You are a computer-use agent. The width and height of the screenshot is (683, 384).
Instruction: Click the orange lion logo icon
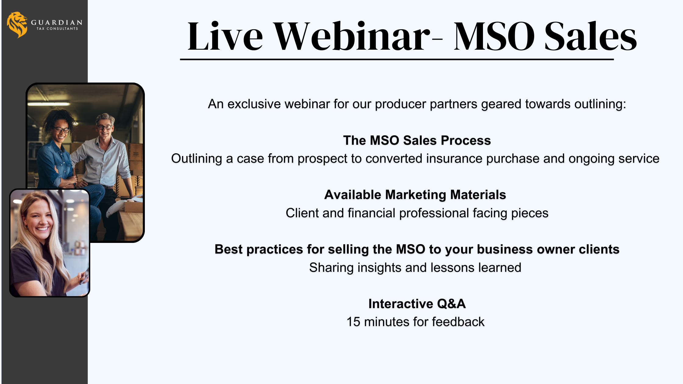[17, 25]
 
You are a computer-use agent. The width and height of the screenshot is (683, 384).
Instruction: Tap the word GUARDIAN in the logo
[57, 23]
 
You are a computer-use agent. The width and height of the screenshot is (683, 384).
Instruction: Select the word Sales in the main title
[591, 36]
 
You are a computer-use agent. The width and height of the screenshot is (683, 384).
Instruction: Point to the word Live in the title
[225, 36]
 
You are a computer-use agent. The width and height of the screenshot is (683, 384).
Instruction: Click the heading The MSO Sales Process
[417, 140]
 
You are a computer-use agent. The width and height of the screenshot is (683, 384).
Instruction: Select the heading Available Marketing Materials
[415, 195]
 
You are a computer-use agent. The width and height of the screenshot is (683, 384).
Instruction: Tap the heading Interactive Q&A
[417, 304]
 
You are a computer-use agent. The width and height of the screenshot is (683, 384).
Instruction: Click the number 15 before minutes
[353, 322]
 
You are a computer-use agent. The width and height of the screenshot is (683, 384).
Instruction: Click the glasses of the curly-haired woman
[62, 130]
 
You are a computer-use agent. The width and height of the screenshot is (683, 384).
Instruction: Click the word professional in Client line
[434, 213]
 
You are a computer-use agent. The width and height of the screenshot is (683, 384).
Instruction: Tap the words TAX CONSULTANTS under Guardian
[57, 29]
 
